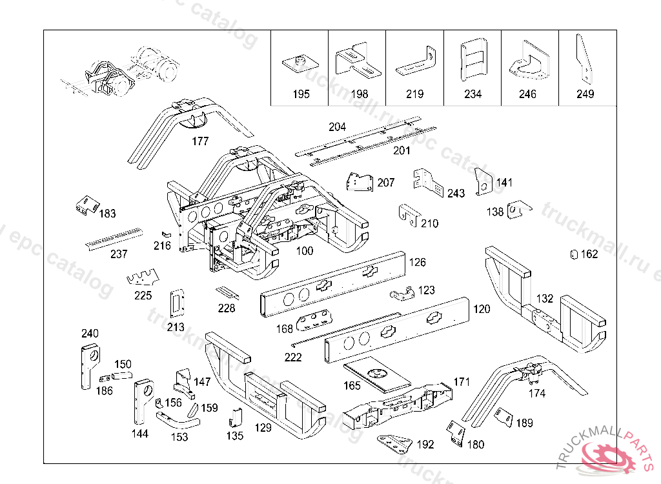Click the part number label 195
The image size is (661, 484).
coord(301,94)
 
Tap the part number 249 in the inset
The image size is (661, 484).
coord(585,94)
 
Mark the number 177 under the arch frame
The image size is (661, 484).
coord(200,141)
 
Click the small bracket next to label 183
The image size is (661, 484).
coord(85,205)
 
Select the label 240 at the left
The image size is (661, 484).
coord(90,334)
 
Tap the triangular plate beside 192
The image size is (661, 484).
coord(394,444)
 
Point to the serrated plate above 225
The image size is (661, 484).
coord(143,278)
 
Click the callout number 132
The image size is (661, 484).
coord(545,299)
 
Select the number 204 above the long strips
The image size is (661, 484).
coord(337,127)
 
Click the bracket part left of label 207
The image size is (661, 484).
coord(359,182)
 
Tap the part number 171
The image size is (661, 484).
coord(462,381)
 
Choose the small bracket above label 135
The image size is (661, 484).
coord(234,417)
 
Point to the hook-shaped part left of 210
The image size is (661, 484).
coord(407,214)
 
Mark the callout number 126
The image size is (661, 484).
coord(417,263)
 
